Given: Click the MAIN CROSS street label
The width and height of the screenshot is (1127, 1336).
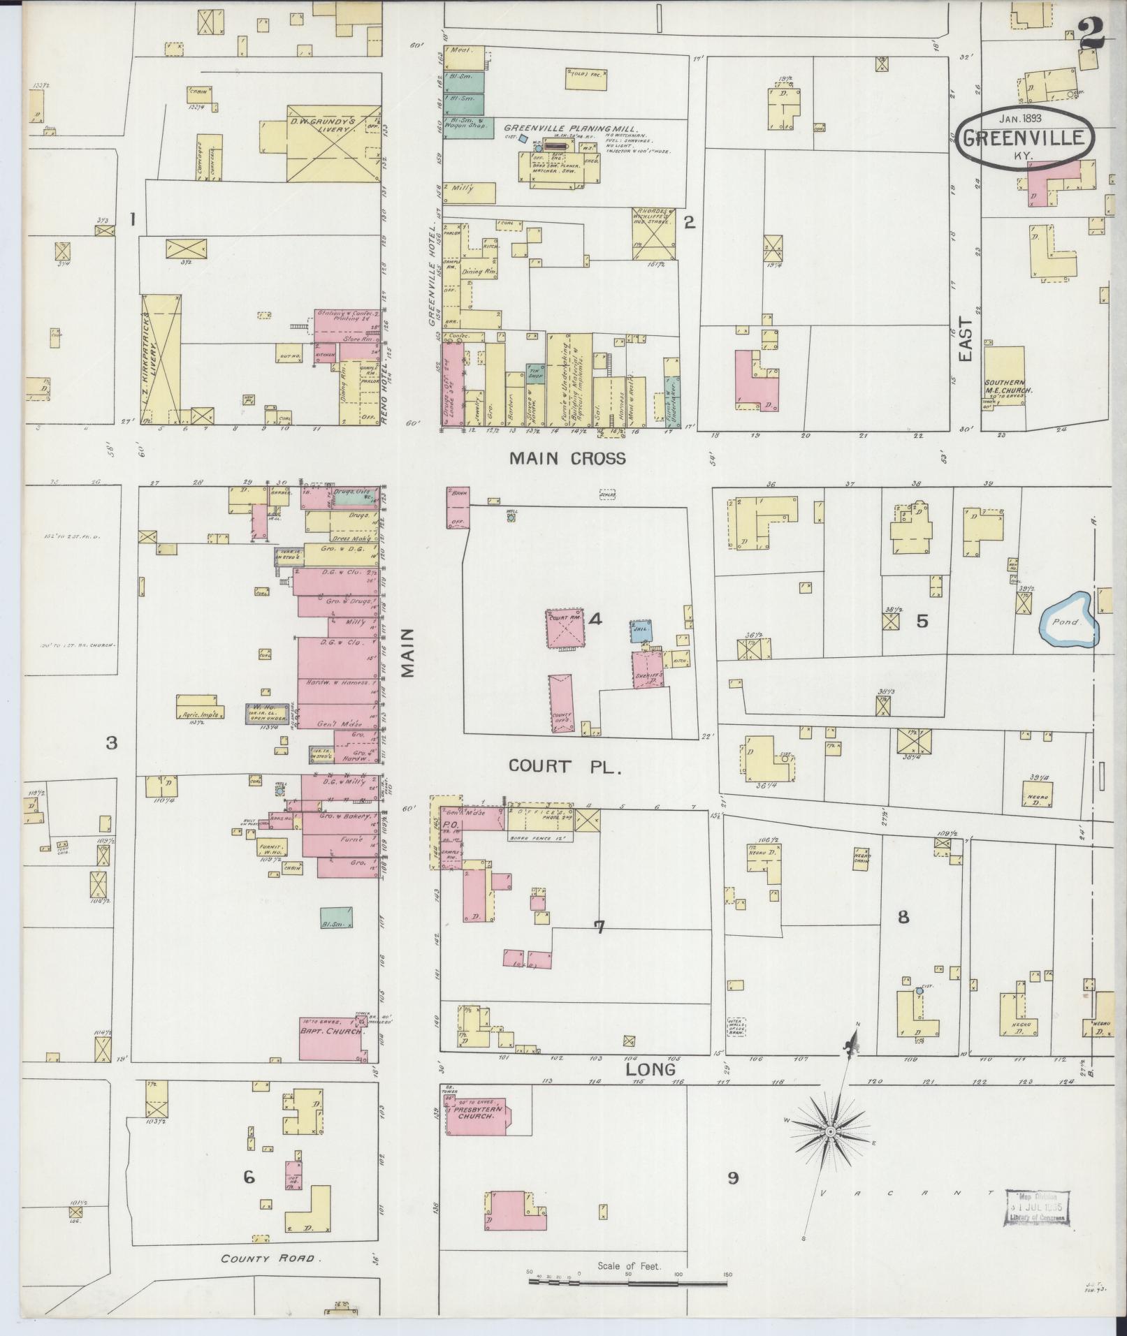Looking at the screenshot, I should [x=567, y=458].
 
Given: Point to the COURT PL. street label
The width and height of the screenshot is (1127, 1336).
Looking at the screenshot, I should [x=565, y=766].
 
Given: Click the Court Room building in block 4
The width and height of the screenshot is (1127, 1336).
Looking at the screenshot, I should [x=566, y=629].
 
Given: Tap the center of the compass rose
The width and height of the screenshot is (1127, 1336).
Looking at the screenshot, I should [x=830, y=1131].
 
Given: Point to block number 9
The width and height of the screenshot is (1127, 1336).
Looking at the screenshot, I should [x=732, y=1178].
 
